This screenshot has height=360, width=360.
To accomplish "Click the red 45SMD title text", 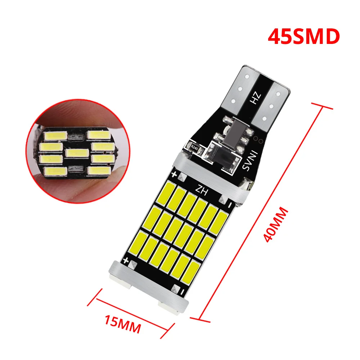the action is (303, 37).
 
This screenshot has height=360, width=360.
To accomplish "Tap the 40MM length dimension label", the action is (276, 225).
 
